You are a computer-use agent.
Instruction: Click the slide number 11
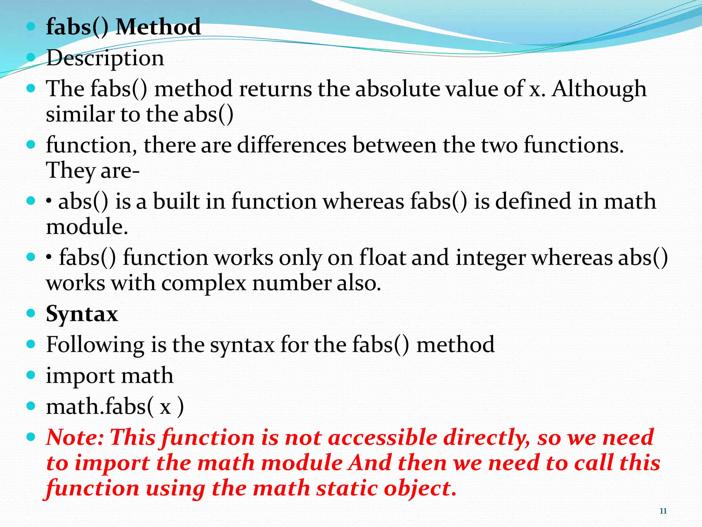663,511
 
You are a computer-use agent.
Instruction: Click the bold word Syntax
82,314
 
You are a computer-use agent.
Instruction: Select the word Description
105,58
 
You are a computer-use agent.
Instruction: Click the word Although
598,89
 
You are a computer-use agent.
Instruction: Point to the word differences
292,145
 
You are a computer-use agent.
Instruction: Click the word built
176,201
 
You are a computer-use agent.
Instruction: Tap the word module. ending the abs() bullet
87,227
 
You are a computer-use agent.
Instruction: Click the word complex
204,283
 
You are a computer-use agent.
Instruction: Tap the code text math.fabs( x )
115,407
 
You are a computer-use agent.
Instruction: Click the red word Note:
75,438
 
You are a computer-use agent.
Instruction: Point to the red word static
347,488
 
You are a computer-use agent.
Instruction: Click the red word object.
420,488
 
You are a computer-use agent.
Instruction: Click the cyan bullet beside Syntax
31,313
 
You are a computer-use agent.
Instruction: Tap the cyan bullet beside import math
31,375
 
